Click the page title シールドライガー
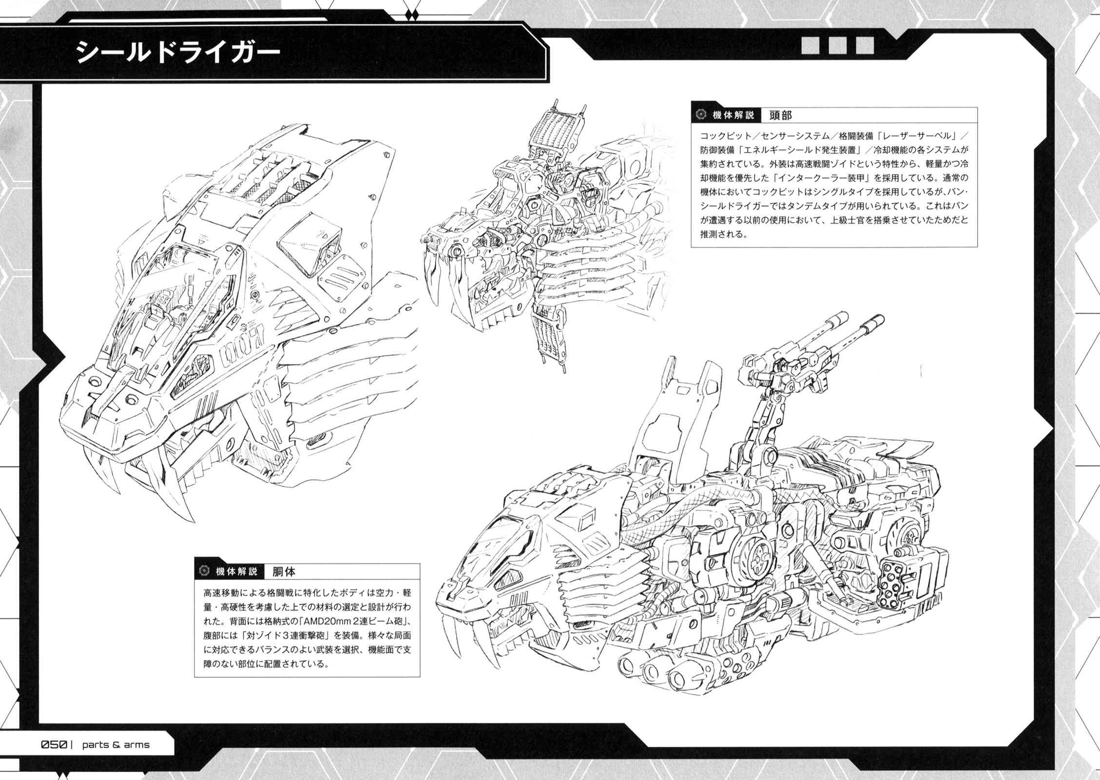point(179,53)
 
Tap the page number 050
point(54,745)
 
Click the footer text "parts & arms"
point(116,745)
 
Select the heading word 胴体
point(284,571)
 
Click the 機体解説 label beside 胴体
point(236,571)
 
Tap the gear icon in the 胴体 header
point(204,571)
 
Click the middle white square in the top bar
point(837,46)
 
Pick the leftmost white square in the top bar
point(811,46)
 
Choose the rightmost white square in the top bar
point(865,46)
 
